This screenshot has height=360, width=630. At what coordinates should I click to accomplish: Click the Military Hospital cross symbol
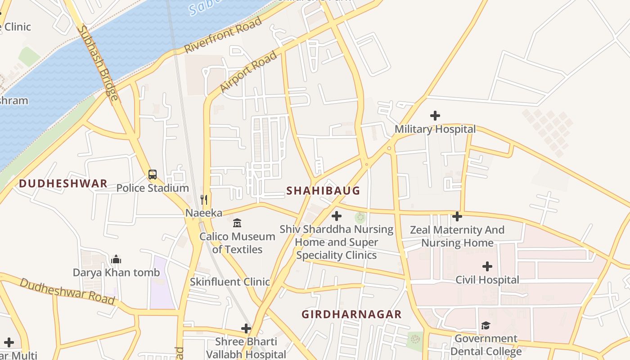435,116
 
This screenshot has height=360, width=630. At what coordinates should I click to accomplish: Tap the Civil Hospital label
487,280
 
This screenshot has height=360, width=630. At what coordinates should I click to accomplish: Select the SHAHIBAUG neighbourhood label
323,191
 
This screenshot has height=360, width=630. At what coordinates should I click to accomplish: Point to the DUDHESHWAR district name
63,184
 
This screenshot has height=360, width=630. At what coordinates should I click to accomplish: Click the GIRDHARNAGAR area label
351,315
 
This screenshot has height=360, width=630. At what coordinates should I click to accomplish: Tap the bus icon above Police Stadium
153,175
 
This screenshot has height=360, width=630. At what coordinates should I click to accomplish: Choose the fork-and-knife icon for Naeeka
204,200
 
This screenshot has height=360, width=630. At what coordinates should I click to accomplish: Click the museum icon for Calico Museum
237,223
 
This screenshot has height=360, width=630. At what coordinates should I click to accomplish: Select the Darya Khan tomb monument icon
116,259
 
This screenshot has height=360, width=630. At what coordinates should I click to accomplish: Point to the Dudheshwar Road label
67,291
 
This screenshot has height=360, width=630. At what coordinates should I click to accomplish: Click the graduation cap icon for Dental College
486,325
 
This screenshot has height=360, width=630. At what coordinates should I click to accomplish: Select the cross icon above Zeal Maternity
457,216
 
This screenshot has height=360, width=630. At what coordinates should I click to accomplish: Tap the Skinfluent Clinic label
229,282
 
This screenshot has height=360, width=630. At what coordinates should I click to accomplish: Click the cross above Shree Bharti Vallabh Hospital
246,328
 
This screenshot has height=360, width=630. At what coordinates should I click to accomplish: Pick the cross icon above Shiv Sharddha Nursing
336,216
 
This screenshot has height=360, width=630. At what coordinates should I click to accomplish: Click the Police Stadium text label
153,188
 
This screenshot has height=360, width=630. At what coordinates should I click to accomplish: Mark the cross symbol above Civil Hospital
487,266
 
